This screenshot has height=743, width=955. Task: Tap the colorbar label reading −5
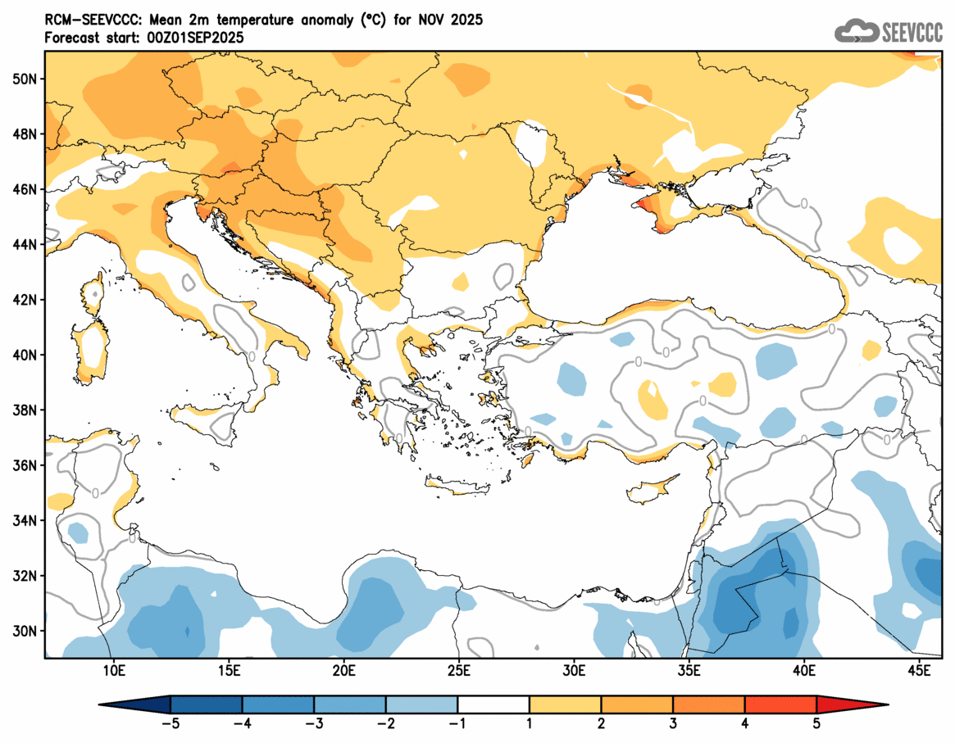[171, 723]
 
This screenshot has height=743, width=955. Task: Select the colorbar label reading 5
[816, 723]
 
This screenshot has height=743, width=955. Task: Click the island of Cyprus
[653, 489]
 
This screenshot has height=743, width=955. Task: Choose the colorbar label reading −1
[457, 723]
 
